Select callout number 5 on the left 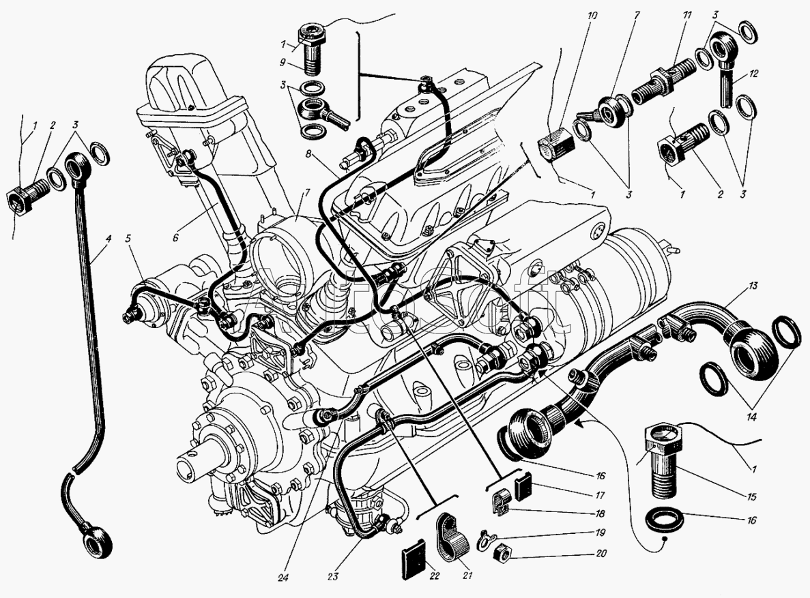(128, 239)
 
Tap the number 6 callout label (175, 237)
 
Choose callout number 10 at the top (592, 16)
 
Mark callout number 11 (687, 16)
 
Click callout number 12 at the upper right (753, 74)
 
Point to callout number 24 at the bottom (282, 578)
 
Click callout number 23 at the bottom (332, 576)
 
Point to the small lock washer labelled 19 (484, 537)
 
